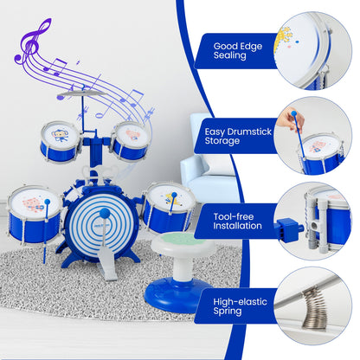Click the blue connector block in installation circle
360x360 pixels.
click(x=289, y=230)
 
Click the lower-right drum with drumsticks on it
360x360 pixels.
click(x=167, y=204)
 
